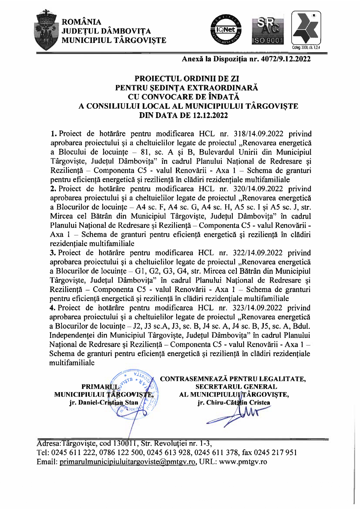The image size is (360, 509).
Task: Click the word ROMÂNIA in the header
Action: pyautogui.click(x=81, y=22)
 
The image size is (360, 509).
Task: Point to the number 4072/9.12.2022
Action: pyautogui.click(x=286, y=59)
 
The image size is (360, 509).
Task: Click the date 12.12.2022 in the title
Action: pyautogui.click(x=210, y=115)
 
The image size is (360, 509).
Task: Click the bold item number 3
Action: pyautogui.click(x=52, y=253)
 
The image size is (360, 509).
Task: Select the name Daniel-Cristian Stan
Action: pyautogui.click(x=103, y=403)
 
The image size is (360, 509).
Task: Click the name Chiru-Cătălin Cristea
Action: pyautogui.click(x=234, y=403)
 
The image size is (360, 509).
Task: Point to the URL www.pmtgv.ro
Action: pyautogui.click(x=243, y=462)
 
